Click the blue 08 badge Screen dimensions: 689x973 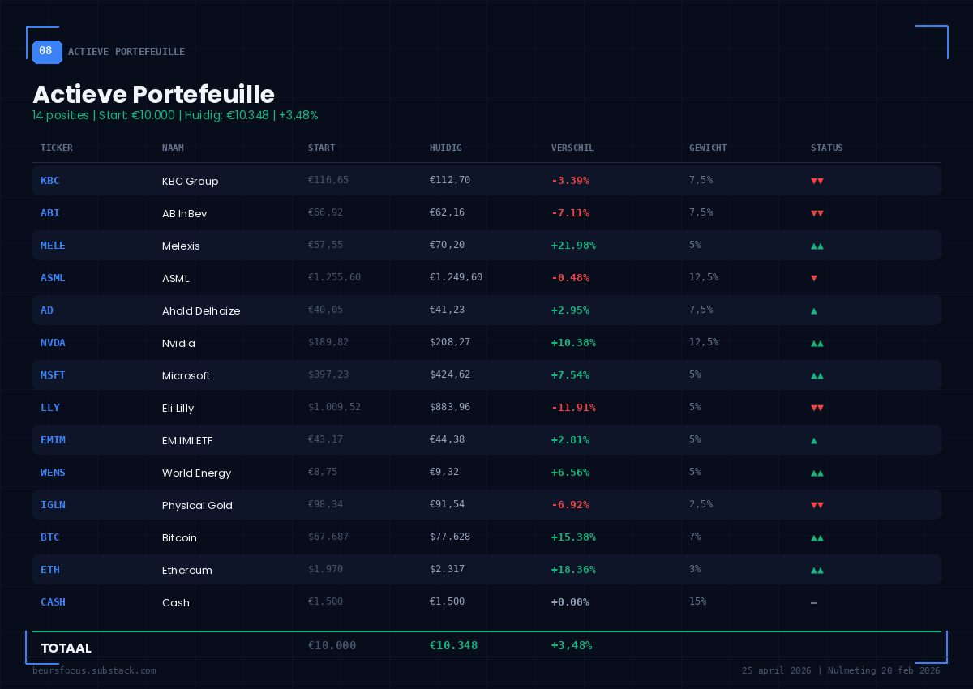[x=46, y=51]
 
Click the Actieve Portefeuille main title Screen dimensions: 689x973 [x=153, y=94]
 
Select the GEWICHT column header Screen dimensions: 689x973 [x=707, y=148]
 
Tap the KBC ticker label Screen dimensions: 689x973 [x=49, y=180]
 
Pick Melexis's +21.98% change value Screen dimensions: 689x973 [x=573, y=245]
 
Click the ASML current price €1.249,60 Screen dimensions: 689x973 [x=456, y=277]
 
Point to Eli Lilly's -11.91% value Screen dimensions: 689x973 [x=573, y=407]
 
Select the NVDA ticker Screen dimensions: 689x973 [x=53, y=342]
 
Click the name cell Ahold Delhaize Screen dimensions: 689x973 [x=201, y=310]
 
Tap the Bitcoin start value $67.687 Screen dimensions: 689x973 [x=328, y=537]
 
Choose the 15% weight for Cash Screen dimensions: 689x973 [x=697, y=601]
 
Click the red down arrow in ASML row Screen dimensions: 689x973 [x=814, y=278]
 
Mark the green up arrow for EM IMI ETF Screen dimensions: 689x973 [x=814, y=440]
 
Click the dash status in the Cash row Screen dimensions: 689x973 [x=814, y=602]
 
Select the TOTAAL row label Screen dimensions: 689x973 [x=66, y=648]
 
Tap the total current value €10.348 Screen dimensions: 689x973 [x=453, y=645]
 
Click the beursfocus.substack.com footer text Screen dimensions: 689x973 [x=94, y=670]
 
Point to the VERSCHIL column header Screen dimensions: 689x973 [x=572, y=148]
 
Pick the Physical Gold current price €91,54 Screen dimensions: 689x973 [x=447, y=504]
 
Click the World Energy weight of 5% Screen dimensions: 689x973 [x=695, y=472]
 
